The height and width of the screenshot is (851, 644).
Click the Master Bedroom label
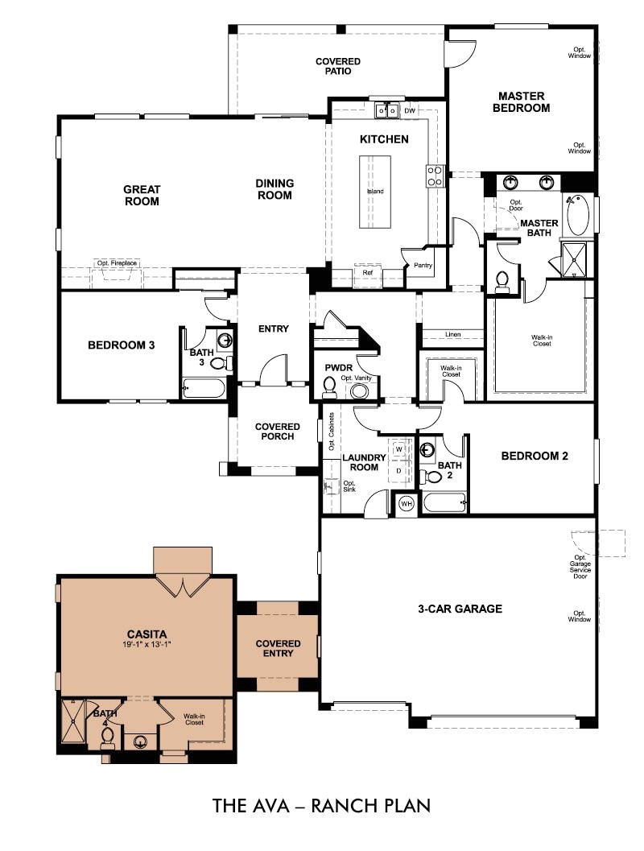click(523, 101)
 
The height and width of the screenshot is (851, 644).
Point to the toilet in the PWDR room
click(328, 389)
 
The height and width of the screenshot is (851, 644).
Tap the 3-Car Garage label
click(460, 609)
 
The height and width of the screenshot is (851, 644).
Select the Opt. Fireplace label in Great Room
click(117, 263)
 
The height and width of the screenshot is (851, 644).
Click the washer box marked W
click(398, 448)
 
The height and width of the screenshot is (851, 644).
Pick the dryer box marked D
click(398, 470)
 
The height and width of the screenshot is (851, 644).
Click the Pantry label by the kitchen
click(423, 265)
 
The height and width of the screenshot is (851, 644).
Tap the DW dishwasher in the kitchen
click(410, 110)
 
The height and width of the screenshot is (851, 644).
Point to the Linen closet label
click(453, 333)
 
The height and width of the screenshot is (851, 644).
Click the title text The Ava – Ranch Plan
click(321, 805)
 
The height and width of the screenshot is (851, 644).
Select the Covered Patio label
click(337, 66)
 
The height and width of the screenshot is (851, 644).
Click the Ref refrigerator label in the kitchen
click(367, 273)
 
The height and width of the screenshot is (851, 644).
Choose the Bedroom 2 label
click(535, 456)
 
